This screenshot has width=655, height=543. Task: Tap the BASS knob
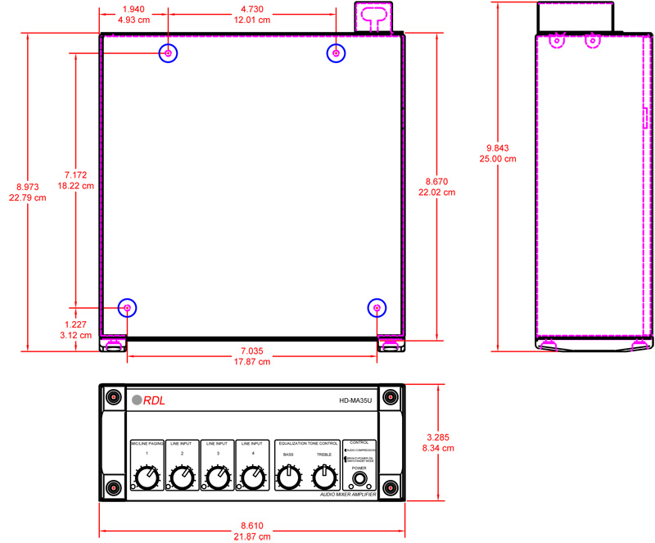(x=288, y=476)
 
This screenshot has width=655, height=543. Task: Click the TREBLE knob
(x=324, y=476)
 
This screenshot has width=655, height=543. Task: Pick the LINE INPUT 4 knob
(x=253, y=477)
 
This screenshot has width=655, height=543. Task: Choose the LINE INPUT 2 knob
(x=181, y=477)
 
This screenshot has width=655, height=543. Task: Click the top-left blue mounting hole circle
(x=168, y=53)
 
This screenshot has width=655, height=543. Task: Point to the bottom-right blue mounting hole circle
(x=377, y=308)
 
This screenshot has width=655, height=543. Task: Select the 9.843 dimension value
(x=497, y=148)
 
